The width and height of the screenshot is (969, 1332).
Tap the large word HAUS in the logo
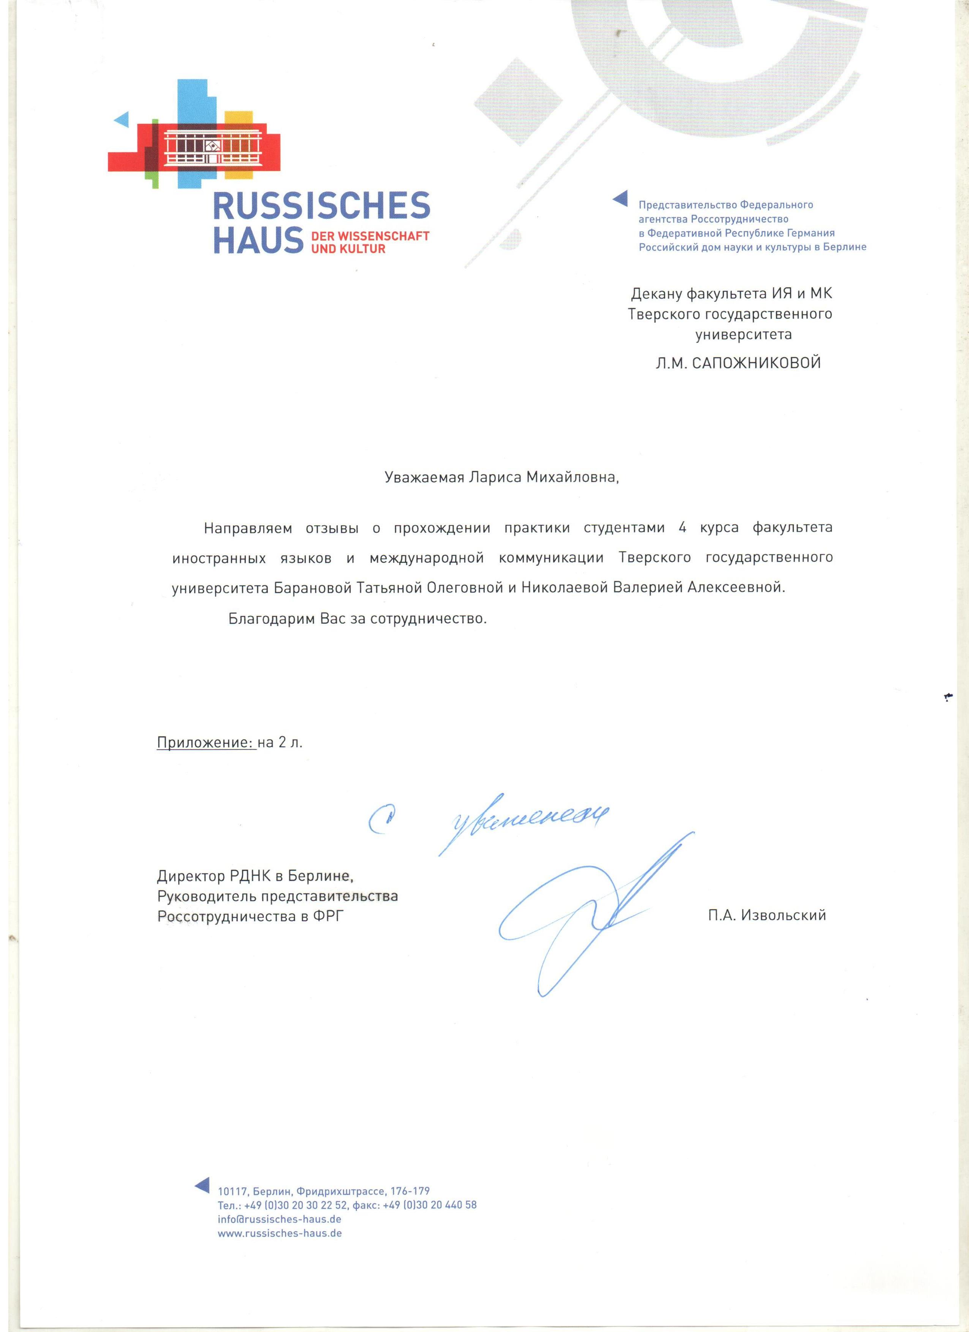[x=257, y=240]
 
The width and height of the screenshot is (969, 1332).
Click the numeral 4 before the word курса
[x=682, y=527]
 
